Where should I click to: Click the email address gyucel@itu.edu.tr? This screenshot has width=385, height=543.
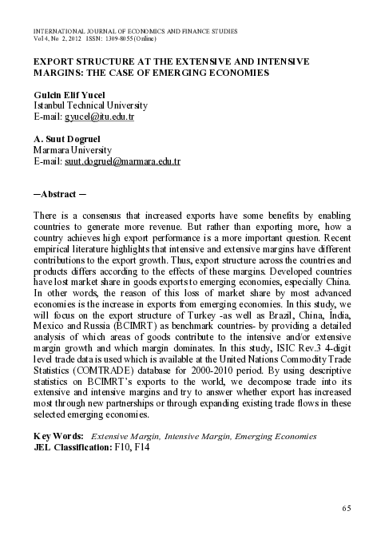point(100,117)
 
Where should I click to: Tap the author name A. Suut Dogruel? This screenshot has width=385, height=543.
point(67,139)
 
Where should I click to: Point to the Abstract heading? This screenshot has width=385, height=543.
point(62,194)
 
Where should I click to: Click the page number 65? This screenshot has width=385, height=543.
point(346,508)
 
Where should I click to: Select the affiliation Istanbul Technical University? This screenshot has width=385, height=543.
point(89,105)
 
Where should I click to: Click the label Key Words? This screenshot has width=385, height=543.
point(58,437)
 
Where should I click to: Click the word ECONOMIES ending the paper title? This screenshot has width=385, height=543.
point(236,72)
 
